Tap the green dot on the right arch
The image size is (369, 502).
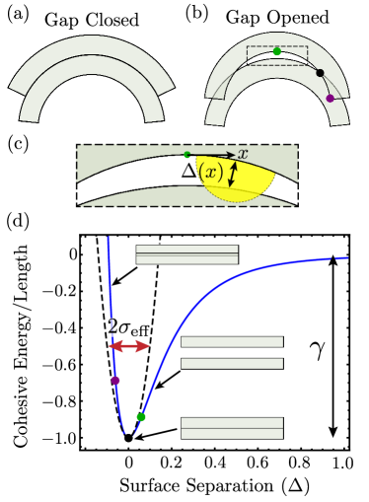click(277, 51)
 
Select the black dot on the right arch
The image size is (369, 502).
click(320, 73)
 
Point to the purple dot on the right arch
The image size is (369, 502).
click(330, 99)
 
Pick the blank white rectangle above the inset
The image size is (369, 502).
click(237, 132)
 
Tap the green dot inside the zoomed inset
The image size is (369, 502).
click(186, 155)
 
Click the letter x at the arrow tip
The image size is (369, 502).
click(243, 154)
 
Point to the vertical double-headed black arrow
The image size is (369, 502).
click(233, 175)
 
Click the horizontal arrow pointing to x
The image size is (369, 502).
click(214, 155)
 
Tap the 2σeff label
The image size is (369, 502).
click(128, 327)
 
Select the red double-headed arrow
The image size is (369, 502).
click(129, 346)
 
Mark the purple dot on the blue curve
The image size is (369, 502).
click(115, 380)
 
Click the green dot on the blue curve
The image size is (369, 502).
click(141, 417)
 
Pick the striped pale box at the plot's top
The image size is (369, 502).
click(186, 254)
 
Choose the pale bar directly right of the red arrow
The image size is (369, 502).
click(232, 342)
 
